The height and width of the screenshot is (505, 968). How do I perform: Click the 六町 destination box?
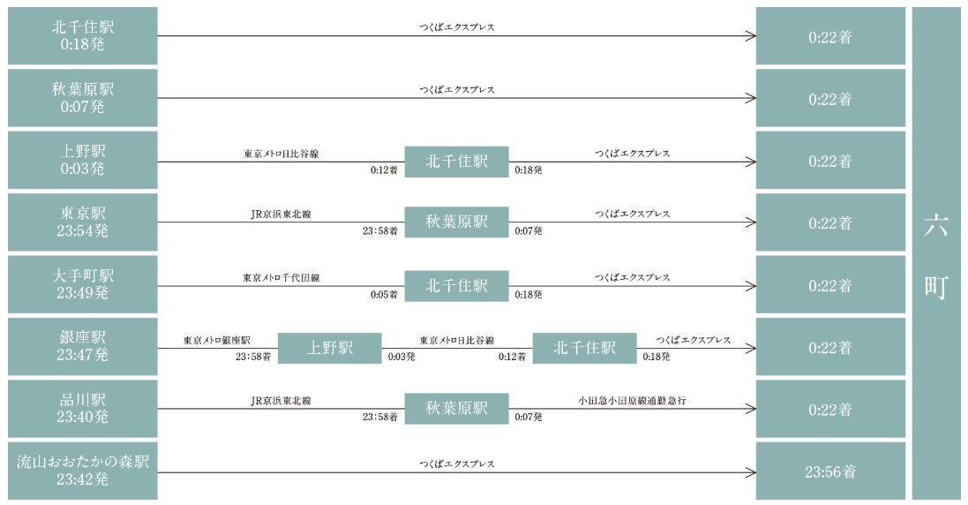click(936, 253)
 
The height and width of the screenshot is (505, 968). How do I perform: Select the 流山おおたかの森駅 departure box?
click(83, 471)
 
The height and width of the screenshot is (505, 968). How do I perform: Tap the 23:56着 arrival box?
click(830, 471)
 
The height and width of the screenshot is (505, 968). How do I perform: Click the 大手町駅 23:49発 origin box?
click(83, 284)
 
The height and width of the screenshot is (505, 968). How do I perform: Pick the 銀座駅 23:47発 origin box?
click(83, 346)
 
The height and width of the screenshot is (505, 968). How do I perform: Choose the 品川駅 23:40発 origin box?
click(83, 408)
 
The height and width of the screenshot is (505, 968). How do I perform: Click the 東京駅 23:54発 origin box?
click(83, 222)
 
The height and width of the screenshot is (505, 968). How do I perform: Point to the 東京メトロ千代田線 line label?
click(281, 278)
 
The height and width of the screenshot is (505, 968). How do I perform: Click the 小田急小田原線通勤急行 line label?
click(632, 400)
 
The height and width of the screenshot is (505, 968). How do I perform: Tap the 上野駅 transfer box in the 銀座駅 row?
click(330, 348)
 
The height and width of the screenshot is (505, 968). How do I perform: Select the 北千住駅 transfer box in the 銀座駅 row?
click(585, 348)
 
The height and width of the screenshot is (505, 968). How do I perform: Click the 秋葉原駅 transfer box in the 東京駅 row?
click(457, 222)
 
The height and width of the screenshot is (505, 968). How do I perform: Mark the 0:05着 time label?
click(384, 295)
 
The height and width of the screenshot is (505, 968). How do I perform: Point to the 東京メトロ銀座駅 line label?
click(217, 340)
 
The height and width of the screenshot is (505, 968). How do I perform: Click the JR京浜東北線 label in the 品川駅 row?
click(281, 401)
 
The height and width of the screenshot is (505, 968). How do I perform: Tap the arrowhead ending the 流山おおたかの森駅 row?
click(751, 473)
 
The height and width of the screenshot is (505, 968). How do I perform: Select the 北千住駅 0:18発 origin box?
click(83, 36)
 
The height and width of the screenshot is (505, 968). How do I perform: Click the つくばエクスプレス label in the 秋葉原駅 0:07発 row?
click(457, 89)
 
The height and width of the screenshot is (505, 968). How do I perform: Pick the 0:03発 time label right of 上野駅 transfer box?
click(401, 356)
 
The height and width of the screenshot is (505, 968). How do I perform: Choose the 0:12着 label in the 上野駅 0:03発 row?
click(384, 170)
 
